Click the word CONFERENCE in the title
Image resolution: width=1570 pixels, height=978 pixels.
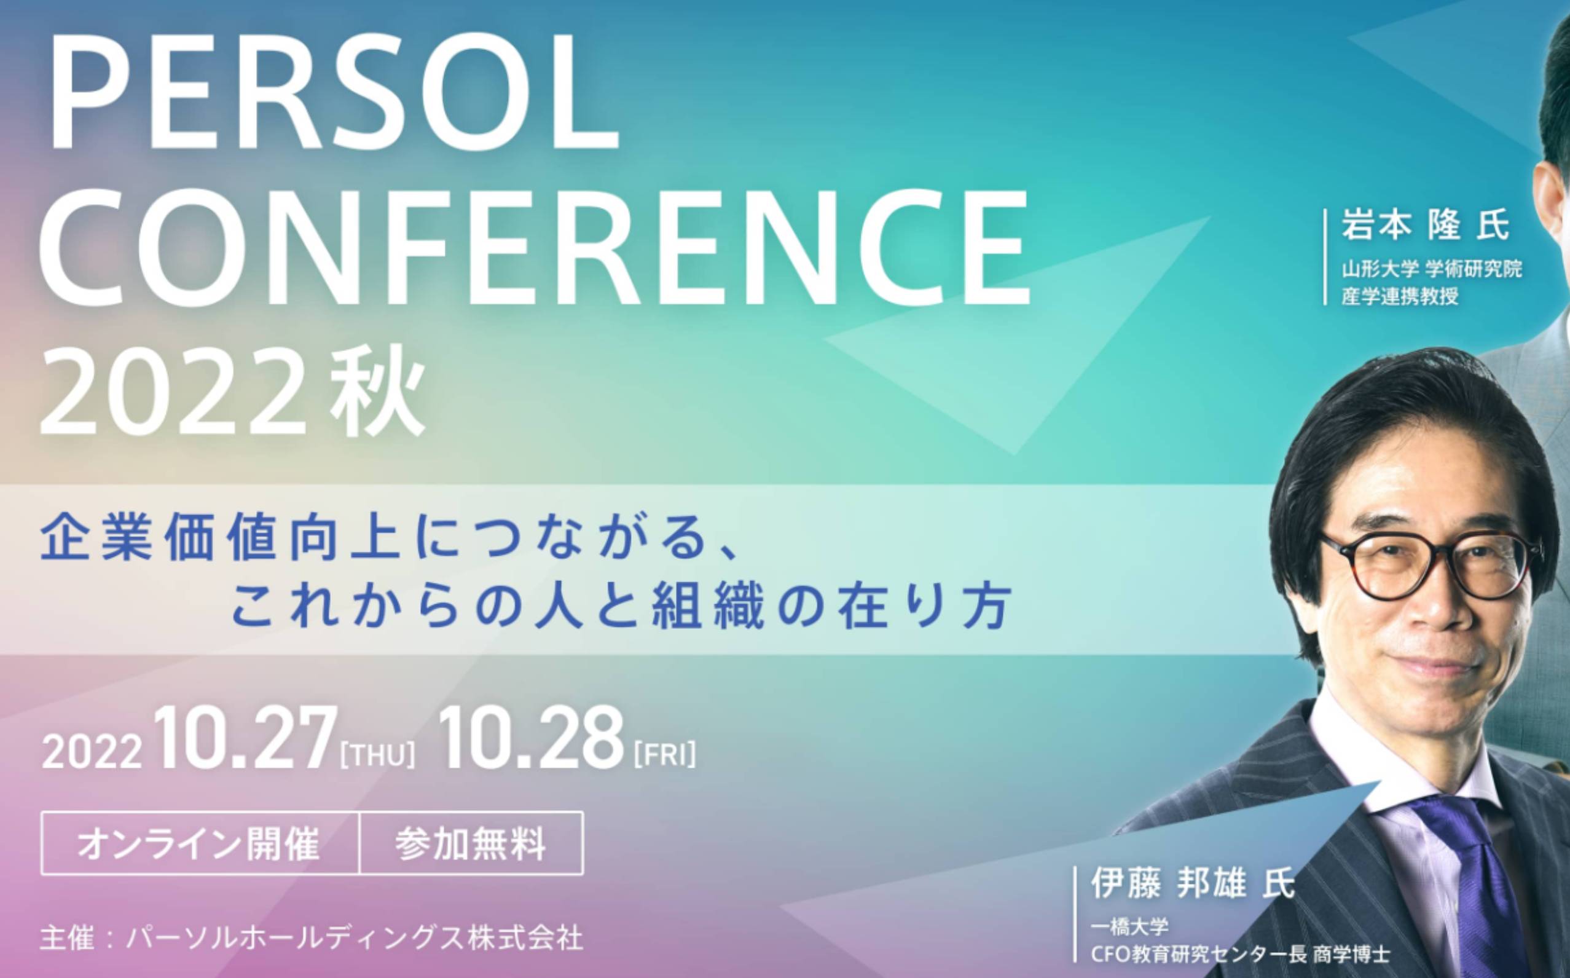(x=534, y=246)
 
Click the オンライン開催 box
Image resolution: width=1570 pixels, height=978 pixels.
(x=200, y=843)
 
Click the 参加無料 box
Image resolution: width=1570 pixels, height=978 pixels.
(x=471, y=843)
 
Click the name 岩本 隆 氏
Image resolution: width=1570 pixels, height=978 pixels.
(x=1424, y=226)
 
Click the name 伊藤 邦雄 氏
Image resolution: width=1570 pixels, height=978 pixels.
(x=1192, y=883)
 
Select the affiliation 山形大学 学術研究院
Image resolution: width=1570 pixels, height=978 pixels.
(x=1431, y=269)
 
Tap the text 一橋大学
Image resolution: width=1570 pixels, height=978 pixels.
(x=1129, y=928)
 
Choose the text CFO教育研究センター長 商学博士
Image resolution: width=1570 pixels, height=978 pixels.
(x=1240, y=953)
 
